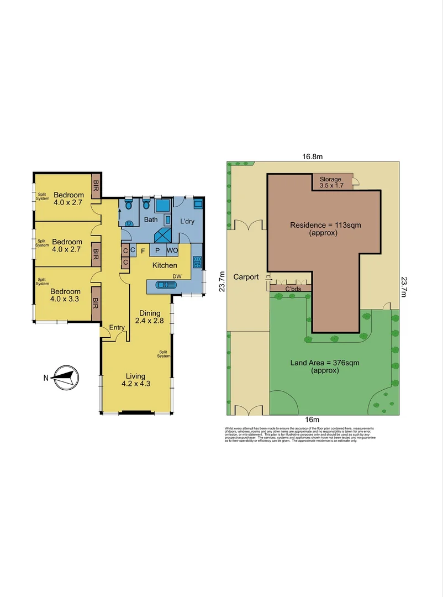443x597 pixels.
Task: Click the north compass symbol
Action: tap(65, 378)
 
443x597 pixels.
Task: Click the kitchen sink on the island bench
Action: tap(165, 285)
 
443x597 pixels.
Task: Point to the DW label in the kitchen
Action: tap(177, 276)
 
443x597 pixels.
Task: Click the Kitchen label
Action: tap(165, 266)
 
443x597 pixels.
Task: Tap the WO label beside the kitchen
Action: tap(172, 250)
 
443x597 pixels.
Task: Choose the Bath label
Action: tap(151, 219)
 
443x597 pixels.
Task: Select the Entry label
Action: tap(117, 328)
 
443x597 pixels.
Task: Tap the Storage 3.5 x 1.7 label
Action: tap(331, 182)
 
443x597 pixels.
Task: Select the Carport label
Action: tap(246, 277)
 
